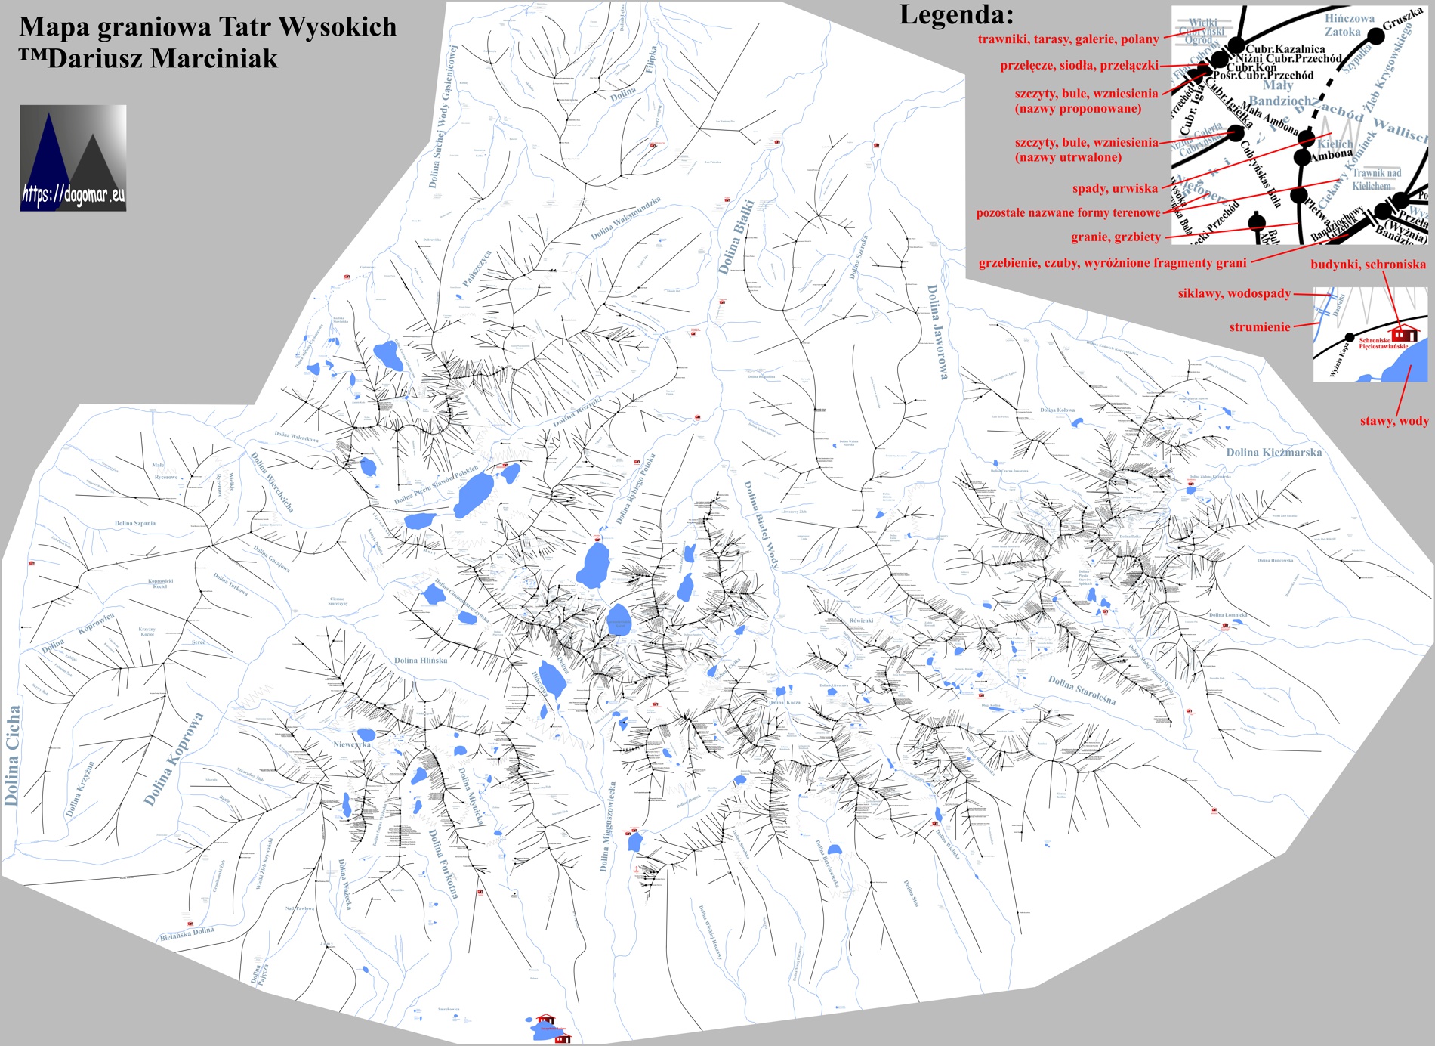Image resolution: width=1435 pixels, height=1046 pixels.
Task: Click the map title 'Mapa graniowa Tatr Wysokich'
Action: point(208,26)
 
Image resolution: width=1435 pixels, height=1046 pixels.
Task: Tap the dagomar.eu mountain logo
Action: point(73,157)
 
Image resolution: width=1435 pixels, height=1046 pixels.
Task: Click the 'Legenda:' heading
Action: point(956,14)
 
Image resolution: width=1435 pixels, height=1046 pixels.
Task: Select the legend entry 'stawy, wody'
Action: point(1394,421)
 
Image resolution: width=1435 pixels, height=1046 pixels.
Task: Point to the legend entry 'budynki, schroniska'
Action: point(1368,264)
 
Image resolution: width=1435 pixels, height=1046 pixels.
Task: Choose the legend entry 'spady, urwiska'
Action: point(1115,188)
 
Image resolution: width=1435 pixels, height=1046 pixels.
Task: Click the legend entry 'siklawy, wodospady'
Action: point(1234,293)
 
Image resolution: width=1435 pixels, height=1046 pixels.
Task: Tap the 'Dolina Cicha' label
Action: point(12,755)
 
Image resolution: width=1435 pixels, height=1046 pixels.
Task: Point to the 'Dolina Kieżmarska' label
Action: point(1273,452)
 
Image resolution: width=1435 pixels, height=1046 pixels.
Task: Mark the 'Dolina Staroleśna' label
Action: point(1082,690)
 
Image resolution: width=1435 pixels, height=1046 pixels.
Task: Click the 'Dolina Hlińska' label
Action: point(421,660)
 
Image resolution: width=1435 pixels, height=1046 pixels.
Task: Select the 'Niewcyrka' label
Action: point(352,744)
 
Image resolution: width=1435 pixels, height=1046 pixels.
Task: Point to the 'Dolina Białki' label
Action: point(736,237)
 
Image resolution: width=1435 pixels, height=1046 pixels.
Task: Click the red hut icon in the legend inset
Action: point(1404,333)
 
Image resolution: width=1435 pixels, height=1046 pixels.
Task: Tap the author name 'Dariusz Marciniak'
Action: point(162,59)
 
